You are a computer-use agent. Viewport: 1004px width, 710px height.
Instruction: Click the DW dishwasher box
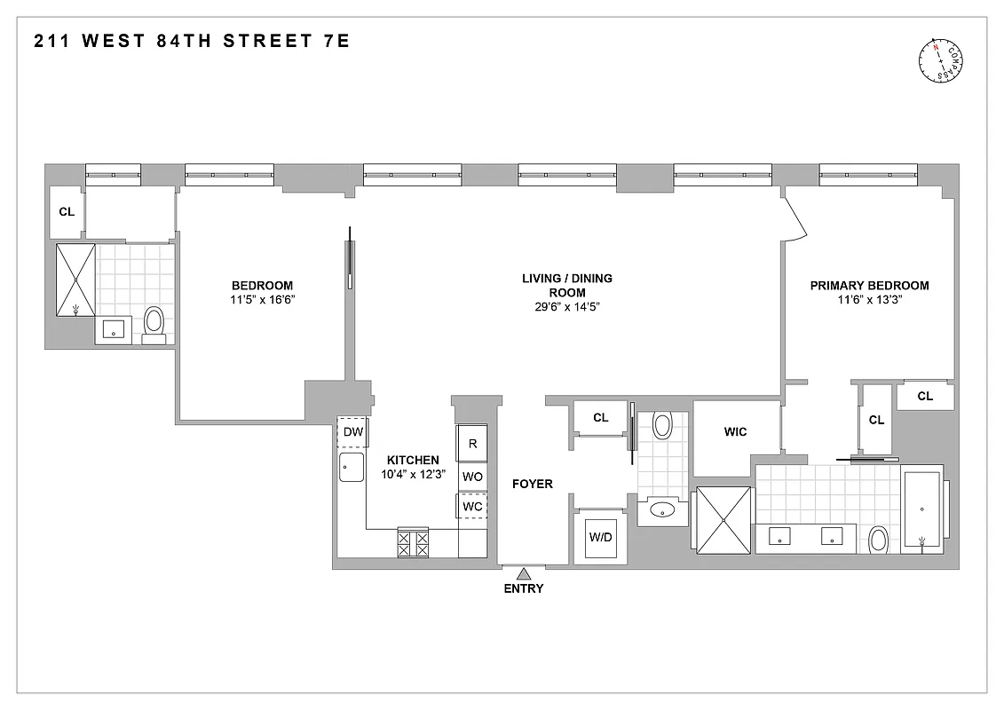pyautogui.click(x=352, y=432)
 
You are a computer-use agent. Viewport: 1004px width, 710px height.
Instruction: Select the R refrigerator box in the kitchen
pyautogui.click(x=472, y=444)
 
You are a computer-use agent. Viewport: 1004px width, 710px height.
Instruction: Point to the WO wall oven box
pyautogui.click(x=472, y=477)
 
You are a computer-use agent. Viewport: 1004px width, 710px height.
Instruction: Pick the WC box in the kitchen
pyautogui.click(x=472, y=506)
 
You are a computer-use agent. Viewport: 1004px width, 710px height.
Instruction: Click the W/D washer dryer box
pyautogui.click(x=601, y=537)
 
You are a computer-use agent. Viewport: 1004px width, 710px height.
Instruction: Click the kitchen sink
pyautogui.click(x=352, y=467)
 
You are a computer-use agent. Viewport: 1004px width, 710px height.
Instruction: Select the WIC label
pyautogui.click(x=735, y=432)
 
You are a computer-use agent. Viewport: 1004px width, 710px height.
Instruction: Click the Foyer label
pyautogui.click(x=533, y=484)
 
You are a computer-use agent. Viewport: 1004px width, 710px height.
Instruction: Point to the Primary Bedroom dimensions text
pyautogui.click(x=869, y=300)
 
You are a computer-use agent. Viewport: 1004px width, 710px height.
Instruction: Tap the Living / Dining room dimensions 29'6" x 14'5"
pyautogui.click(x=566, y=307)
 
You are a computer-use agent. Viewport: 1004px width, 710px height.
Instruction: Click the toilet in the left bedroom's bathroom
pyautogui.click(x=154, y=322)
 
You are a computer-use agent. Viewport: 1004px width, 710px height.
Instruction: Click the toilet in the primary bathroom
pyautogui.click(x=879, y=539)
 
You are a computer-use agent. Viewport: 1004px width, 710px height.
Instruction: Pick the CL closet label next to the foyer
pyautogui.click(x=601, y=417)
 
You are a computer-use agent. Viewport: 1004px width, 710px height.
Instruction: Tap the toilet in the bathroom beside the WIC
pyautogui.click(x=662, y=426)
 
